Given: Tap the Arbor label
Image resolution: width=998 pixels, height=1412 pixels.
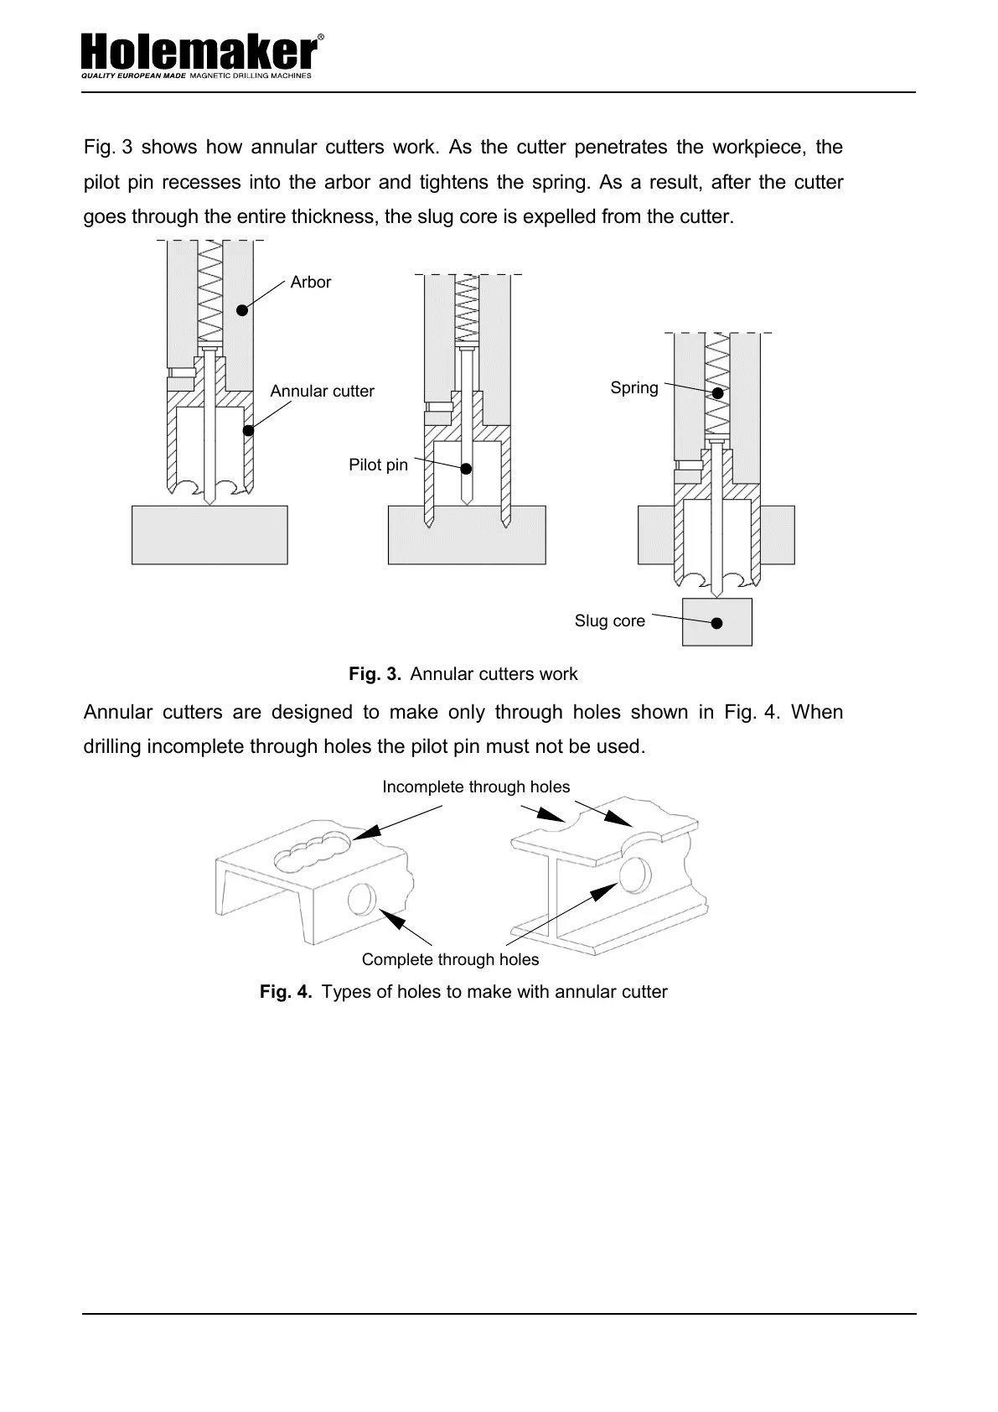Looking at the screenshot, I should [x=310, y=283].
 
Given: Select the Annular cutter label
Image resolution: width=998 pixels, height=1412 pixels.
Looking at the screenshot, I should [x=322, y=392].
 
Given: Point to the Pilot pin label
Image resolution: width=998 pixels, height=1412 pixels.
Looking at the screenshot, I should [x=378, y=465].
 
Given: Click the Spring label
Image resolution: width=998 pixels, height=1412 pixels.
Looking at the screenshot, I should [x=634, y=388].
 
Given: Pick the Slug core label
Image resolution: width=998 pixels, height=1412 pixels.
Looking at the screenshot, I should [x=609, y=621].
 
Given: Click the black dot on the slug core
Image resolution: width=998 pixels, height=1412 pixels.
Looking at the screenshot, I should [x=716, y=623].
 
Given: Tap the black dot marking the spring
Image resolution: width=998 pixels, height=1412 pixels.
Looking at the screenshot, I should [x=718, y=393].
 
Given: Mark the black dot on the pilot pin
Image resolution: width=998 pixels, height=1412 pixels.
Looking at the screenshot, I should [x=467, y=469].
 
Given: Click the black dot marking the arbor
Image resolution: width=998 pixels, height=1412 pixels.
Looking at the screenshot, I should [x=241, y=310].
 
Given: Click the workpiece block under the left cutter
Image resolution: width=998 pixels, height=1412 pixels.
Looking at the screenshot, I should [x=209, y=535].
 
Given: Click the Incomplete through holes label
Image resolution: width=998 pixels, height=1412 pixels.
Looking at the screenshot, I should [x=476, y=787].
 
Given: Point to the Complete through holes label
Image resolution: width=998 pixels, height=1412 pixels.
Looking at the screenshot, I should [x=450, y=960].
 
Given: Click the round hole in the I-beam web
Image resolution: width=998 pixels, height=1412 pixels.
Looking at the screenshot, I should [x=634, y=875].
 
